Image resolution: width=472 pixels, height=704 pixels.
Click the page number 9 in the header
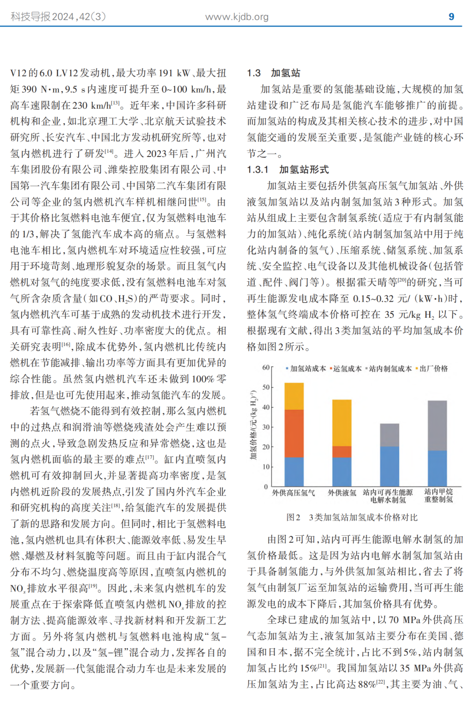pyautogui.click(x=451, y=17)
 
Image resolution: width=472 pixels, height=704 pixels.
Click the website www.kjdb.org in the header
pyautogui.click(x=237, y=17)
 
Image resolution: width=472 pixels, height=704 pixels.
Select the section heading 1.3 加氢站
pyautogui.click(x=273, y=73)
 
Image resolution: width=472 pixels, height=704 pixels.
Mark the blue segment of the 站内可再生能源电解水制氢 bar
pyautogui.click(x=389, y=466)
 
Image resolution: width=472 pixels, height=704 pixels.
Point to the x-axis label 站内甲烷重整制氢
pyautogui.click(x=438, y=496)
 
